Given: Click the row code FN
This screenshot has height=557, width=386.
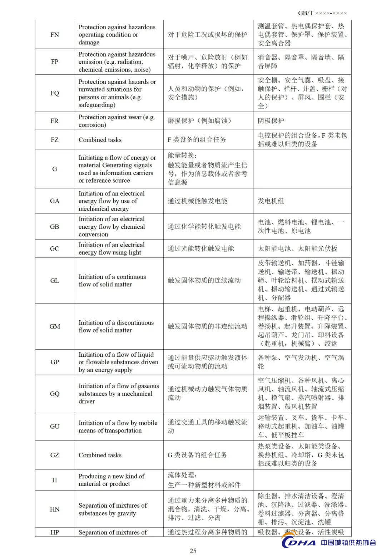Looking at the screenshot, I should (x=55, y=35).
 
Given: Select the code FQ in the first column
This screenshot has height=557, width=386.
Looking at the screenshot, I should (x=55, y=93).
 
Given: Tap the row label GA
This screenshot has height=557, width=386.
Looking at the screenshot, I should (x=55, y=201).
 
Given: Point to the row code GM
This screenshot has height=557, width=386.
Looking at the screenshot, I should (x=55, y=326).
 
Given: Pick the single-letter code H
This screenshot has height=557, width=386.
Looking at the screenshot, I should (x=55, y=480).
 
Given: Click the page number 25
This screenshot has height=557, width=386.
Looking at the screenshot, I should (x=193, y=551).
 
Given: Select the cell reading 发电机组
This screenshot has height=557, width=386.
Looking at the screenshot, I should (x=271, y=201).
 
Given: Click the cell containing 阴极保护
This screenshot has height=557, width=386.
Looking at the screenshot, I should (x=271, y=121).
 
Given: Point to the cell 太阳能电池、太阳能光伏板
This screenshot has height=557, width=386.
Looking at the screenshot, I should (x=297, y=248).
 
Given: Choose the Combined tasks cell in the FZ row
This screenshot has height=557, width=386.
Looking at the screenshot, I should (x=100, y=140).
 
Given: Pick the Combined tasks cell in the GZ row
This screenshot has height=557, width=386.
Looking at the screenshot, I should (x=100, y=455).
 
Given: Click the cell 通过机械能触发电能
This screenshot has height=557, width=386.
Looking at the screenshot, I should (x=197, y=201).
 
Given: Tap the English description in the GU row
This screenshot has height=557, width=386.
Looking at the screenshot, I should (x=118, y=427).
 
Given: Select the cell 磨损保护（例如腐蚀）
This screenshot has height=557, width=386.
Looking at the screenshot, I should (x=199, y=121).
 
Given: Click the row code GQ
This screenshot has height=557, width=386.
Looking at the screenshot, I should (x=55, y=394).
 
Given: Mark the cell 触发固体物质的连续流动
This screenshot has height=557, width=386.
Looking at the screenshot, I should (x=204, y=280).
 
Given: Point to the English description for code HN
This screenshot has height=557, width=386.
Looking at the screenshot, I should (x=113, y=509).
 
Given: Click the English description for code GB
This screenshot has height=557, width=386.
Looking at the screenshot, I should (x=112, y=227).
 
